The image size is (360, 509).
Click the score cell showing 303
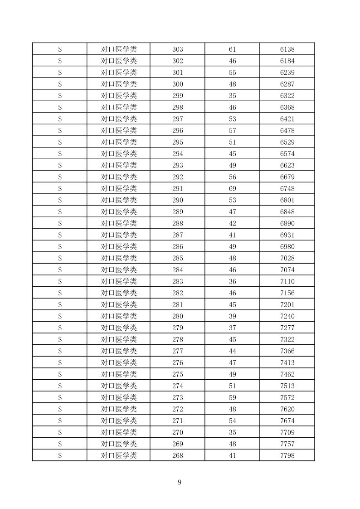click(178, 49)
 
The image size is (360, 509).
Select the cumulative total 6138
click(287, 49)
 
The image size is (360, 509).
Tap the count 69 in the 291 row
click(232, 188)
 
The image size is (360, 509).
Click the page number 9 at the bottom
click(180, 482)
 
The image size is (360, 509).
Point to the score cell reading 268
click(178, 455)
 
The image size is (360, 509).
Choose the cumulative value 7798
click(287, 455)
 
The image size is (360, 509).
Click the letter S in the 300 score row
click(59, 84)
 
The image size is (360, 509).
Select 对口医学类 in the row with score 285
click(118, 258)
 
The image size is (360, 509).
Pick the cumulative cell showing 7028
click(287, 258)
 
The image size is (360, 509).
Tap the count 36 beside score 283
click(232, 281)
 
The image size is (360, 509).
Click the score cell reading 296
click(178, 130)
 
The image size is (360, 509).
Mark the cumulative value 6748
click(287, 188)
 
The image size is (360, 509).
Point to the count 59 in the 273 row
click(232, 397)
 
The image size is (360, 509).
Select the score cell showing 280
click(178, 316)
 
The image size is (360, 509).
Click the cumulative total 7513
click(287, 386)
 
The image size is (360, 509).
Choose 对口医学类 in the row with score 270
click(118, 432)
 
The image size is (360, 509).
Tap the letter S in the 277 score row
click(59, 351)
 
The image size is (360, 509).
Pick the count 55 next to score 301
click(232, 72)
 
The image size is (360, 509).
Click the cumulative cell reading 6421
click(287, 119)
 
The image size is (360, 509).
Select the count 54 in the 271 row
click(232, 421)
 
